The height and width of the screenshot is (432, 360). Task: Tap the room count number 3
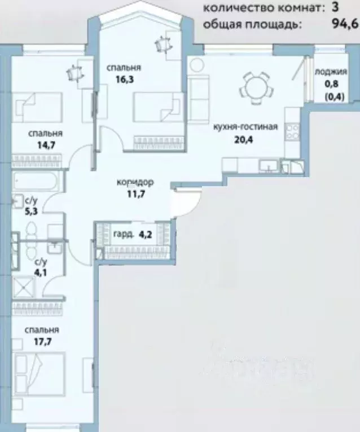click(x=335, y=8)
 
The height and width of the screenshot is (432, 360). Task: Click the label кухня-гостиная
click(x=245, y=127)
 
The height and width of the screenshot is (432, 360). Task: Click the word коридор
click(x=135, y=183)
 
